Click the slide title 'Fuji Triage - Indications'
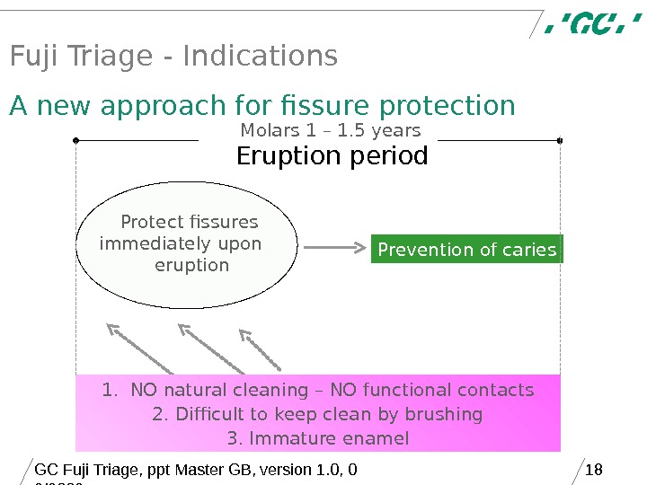(x=173, y=57)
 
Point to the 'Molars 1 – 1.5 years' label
(x=330, y=131)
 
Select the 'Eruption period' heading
(x=332, y=157)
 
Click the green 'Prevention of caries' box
(x=466, y=250)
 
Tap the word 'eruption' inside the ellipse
(x=191, y=266)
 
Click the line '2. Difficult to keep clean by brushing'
(x=317, y=414)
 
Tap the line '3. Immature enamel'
(x=317, y=438)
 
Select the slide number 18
(x=593, y=469)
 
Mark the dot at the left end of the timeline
(x=76, y=140)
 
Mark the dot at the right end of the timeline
(x=560, y=140)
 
